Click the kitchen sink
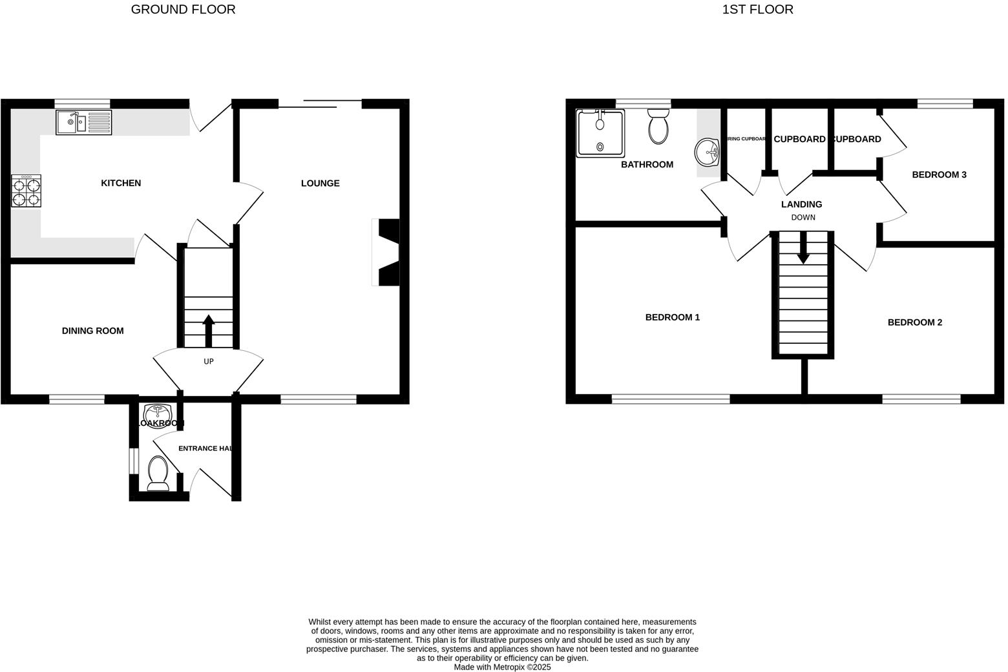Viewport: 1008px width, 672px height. point(83,123)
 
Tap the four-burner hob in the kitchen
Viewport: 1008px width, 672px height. point(26,191)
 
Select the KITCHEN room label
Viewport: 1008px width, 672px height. point(121,184)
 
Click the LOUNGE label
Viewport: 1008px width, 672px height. point(320,184)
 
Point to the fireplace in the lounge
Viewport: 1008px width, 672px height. point(387,253)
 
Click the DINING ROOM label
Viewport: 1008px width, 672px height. point(92,331)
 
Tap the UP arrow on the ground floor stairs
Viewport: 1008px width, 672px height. point(209,330)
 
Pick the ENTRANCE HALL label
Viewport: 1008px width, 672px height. point(205,448)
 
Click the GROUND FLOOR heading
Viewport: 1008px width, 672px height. point(183,10)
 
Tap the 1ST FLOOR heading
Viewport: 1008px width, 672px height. point(757,10)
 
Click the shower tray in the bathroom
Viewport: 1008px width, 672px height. point(600,133)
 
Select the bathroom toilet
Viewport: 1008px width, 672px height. point(658,126)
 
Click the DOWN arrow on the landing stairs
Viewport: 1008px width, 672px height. point(803,249)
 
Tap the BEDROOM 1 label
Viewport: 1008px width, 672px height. point(672,317)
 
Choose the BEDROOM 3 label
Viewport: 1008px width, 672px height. point(939,174)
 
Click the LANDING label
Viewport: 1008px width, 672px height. point(801,204)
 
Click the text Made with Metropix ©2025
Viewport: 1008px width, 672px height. point(502,667)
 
